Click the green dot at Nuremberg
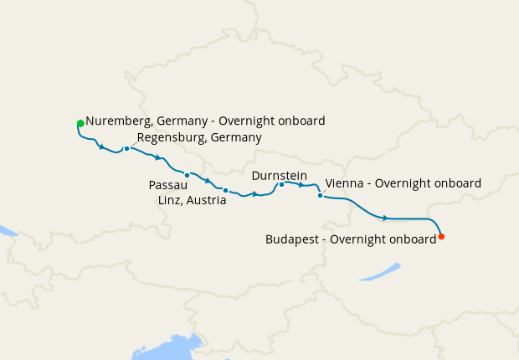click(80, 124)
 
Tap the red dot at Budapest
click(441, 236)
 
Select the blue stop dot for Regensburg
click(126, 149)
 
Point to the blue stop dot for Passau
click(188, 175)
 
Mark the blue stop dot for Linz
click(225, 191)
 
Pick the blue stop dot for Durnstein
click(282, 185)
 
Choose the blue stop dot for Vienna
click(320, 196)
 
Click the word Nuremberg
click(117, 121)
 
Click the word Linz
click(171, 201)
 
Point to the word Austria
click(207, 201)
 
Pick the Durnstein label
click(279, 175)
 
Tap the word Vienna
click(343, 183)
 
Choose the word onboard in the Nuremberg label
click(300, 121)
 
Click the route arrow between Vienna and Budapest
click(385, 218)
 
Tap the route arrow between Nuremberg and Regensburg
click(102, 148)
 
